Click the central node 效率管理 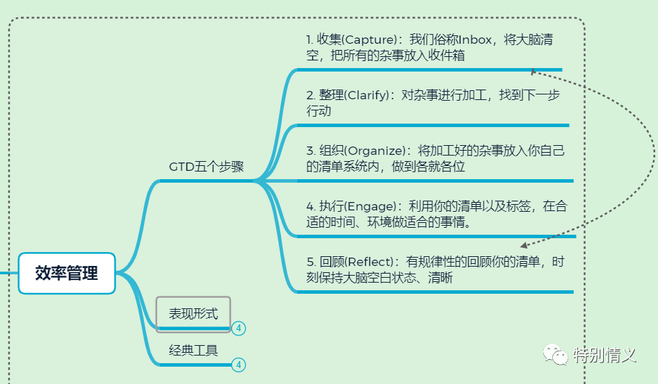pyautogui.click(x=67, y=273)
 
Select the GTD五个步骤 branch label pyautogui.click(x=207, y=167)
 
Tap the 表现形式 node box pyautogui.click(x=193, y=314)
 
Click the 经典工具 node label pyautogui.click(x=193, y=351)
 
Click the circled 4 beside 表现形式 pyautogui.click(x=239, y=328)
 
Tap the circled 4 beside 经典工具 pyautogui.click(x=239, y=365)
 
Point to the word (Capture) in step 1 pyautogui.click(x=369, y=40)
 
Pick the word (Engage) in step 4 pyautogui.click(x=369, y=206)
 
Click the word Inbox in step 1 pyautogui.click(x=476, y=40)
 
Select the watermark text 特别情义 pyautogui.click(x=605, y=355)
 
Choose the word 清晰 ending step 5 pyautogui.click(x=441, y=278)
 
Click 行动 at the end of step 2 pyautogui.click(x=319, y=111)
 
